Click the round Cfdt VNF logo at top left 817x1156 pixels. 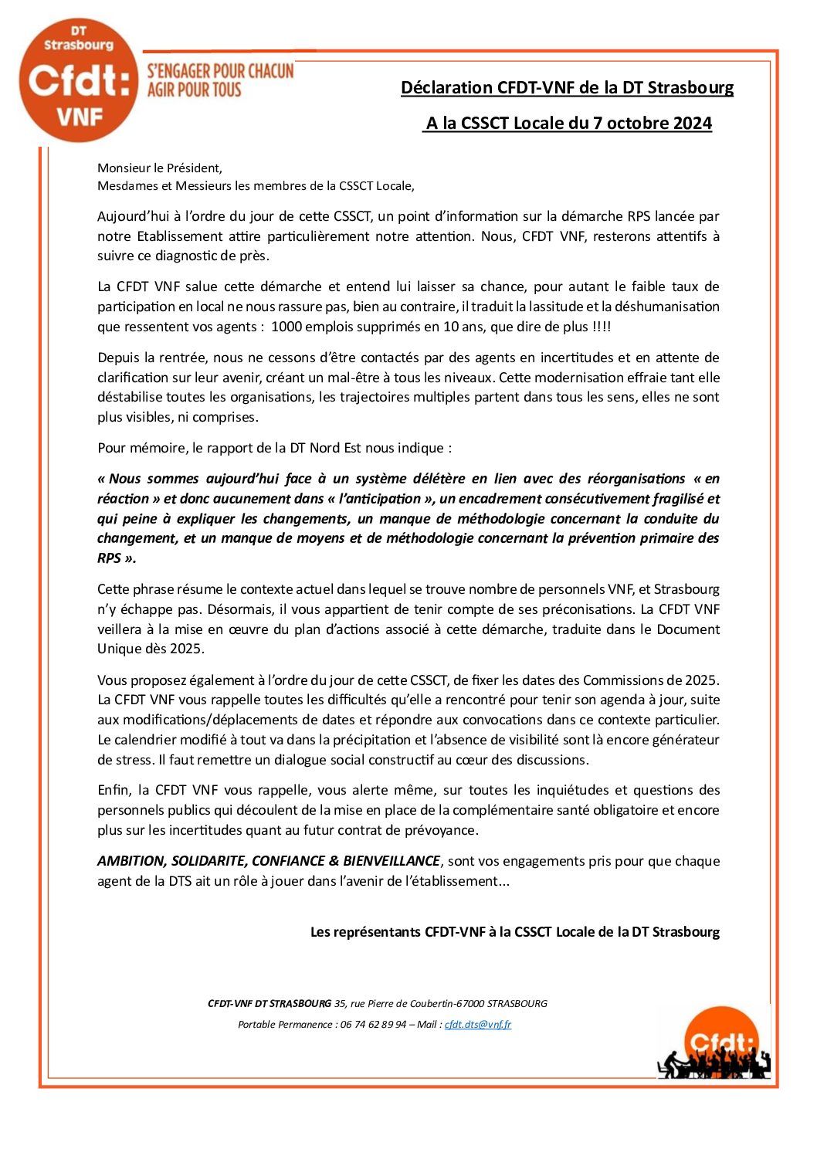pos(78,81)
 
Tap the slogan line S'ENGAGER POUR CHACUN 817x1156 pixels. pos(220,72)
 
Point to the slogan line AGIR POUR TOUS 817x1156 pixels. pos(194,90)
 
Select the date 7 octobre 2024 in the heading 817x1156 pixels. pos(652,124)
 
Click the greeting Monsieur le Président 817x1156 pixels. pos(160,168)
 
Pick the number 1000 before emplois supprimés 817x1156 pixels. pos(286,327)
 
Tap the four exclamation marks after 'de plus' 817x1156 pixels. pos(602,327)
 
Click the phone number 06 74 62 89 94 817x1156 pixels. pos(373,1025)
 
